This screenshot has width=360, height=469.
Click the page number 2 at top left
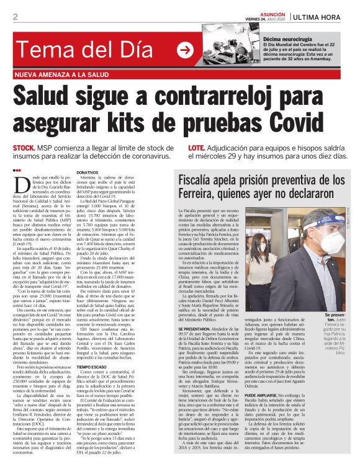click(x=14, y=16)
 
